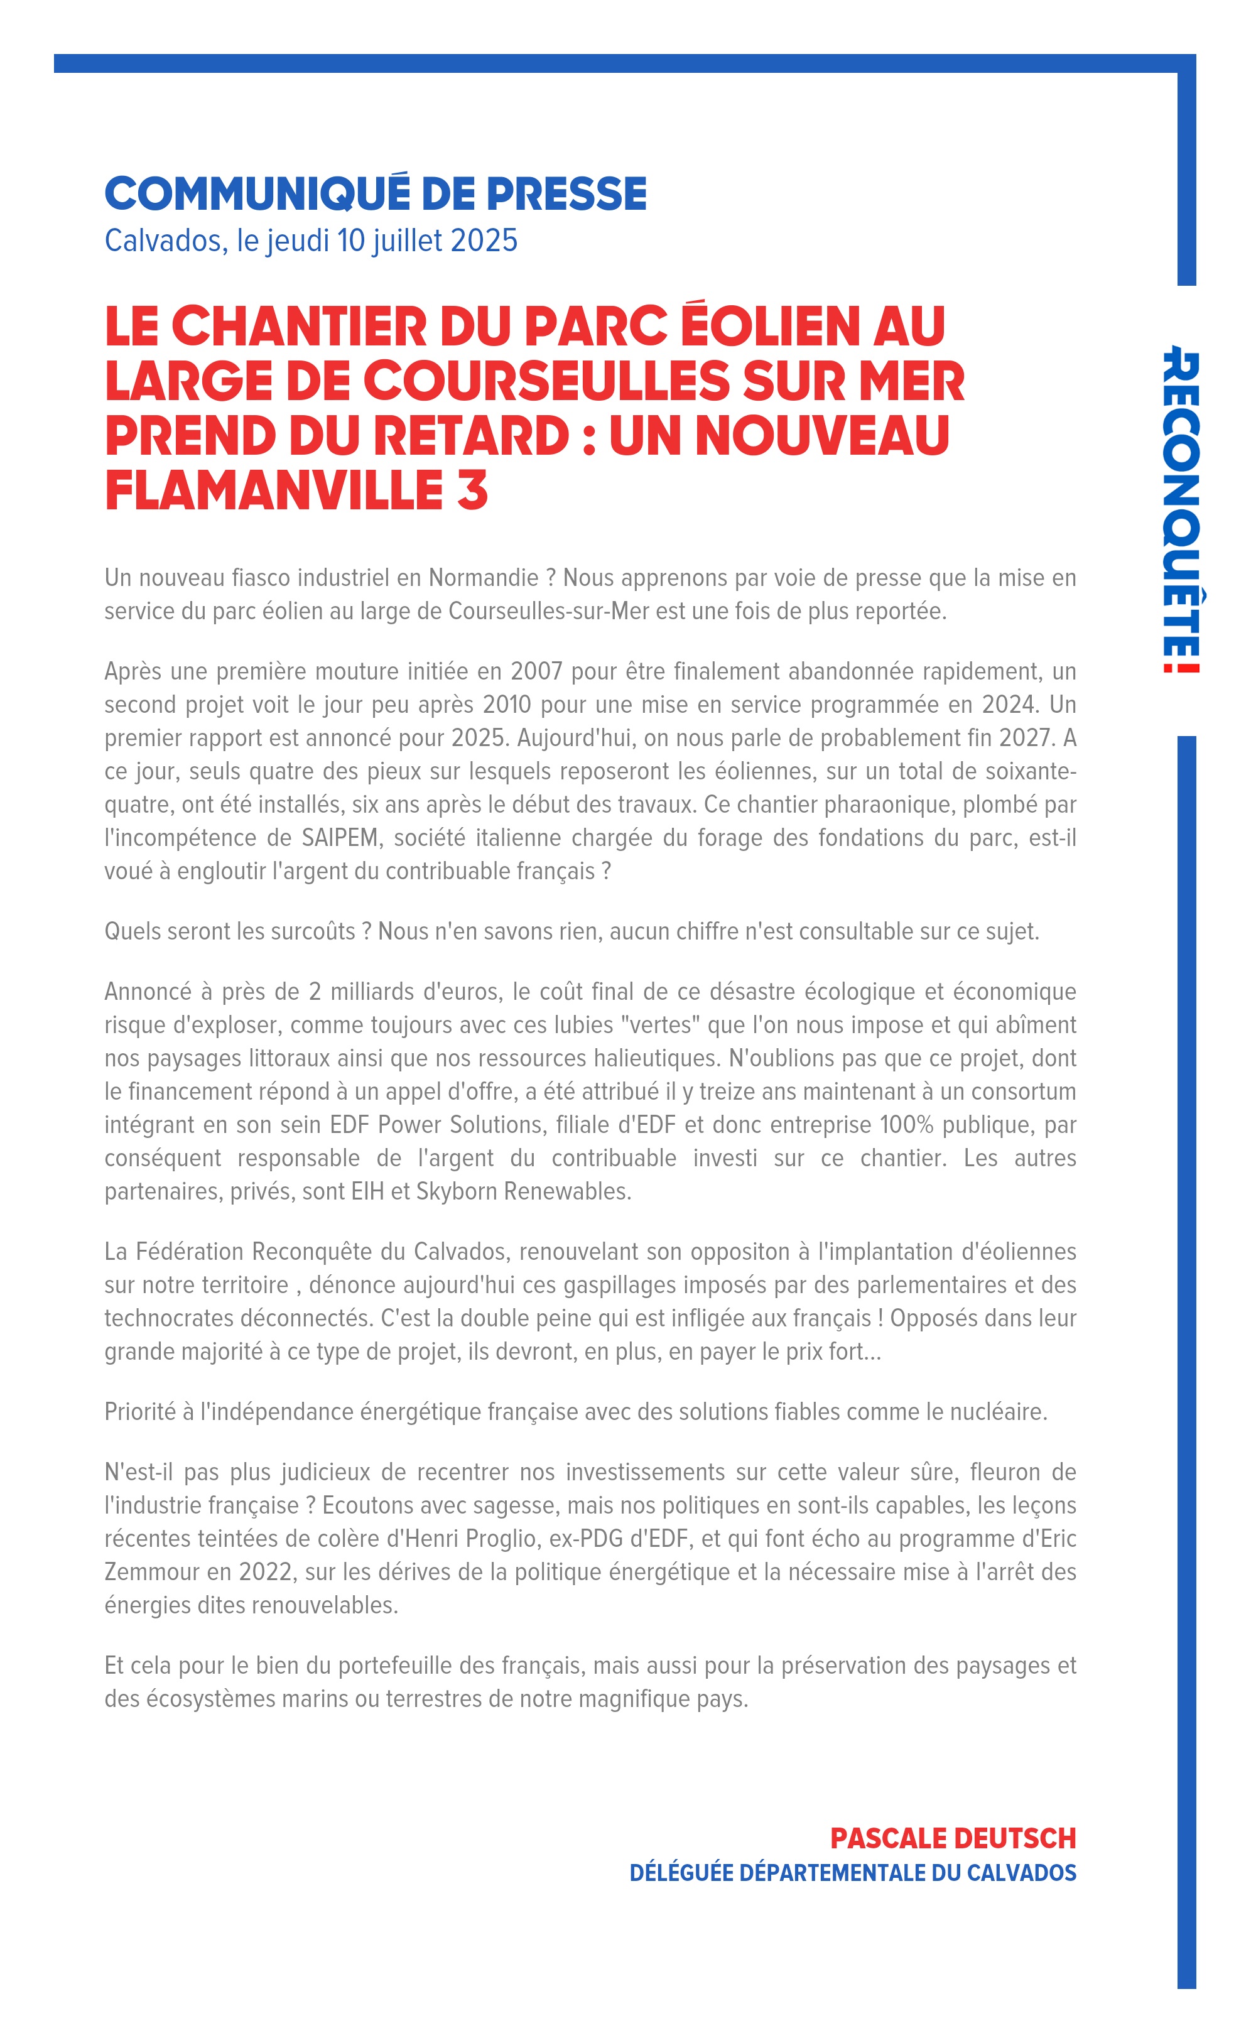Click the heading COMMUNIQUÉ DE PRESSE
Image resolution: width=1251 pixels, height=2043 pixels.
point(375,193)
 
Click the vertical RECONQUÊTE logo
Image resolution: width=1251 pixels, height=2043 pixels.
point(1181,510)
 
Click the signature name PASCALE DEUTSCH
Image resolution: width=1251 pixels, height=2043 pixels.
point(953,1838)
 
